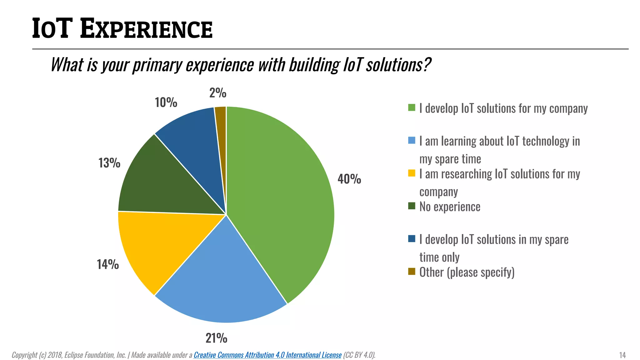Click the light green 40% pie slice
point(281,200)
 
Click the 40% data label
point(349,179)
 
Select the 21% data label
point(216,338)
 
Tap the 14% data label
point(108,264)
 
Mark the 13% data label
point(109,163)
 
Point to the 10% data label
point(166,102)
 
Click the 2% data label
point(218,93)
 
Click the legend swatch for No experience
point(412,206)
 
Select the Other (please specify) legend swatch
point(412,272)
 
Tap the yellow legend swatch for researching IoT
point(412,173)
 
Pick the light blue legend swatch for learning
point(412,140)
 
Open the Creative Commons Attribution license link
point(267,355)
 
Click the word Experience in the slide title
point(146,29)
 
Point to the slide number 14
point(622,355)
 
